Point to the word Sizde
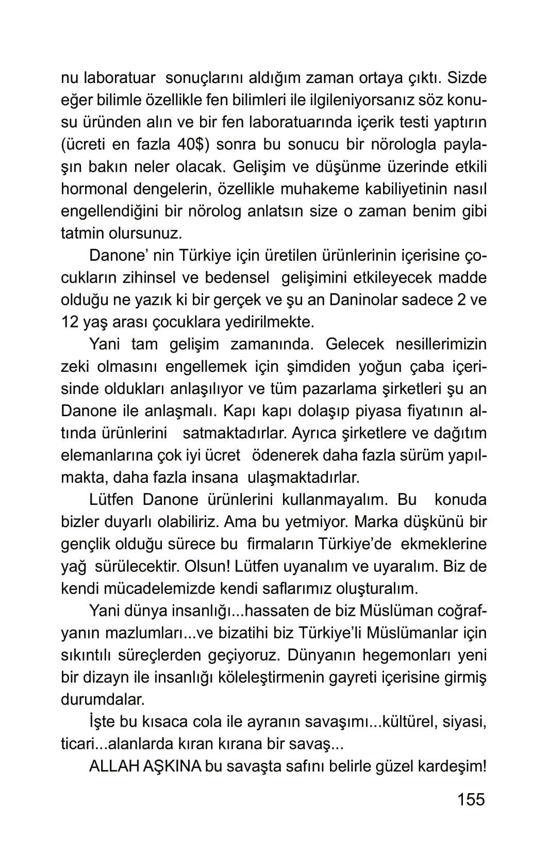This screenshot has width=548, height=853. pos(467,78)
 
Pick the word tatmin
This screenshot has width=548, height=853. pos(82,233)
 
